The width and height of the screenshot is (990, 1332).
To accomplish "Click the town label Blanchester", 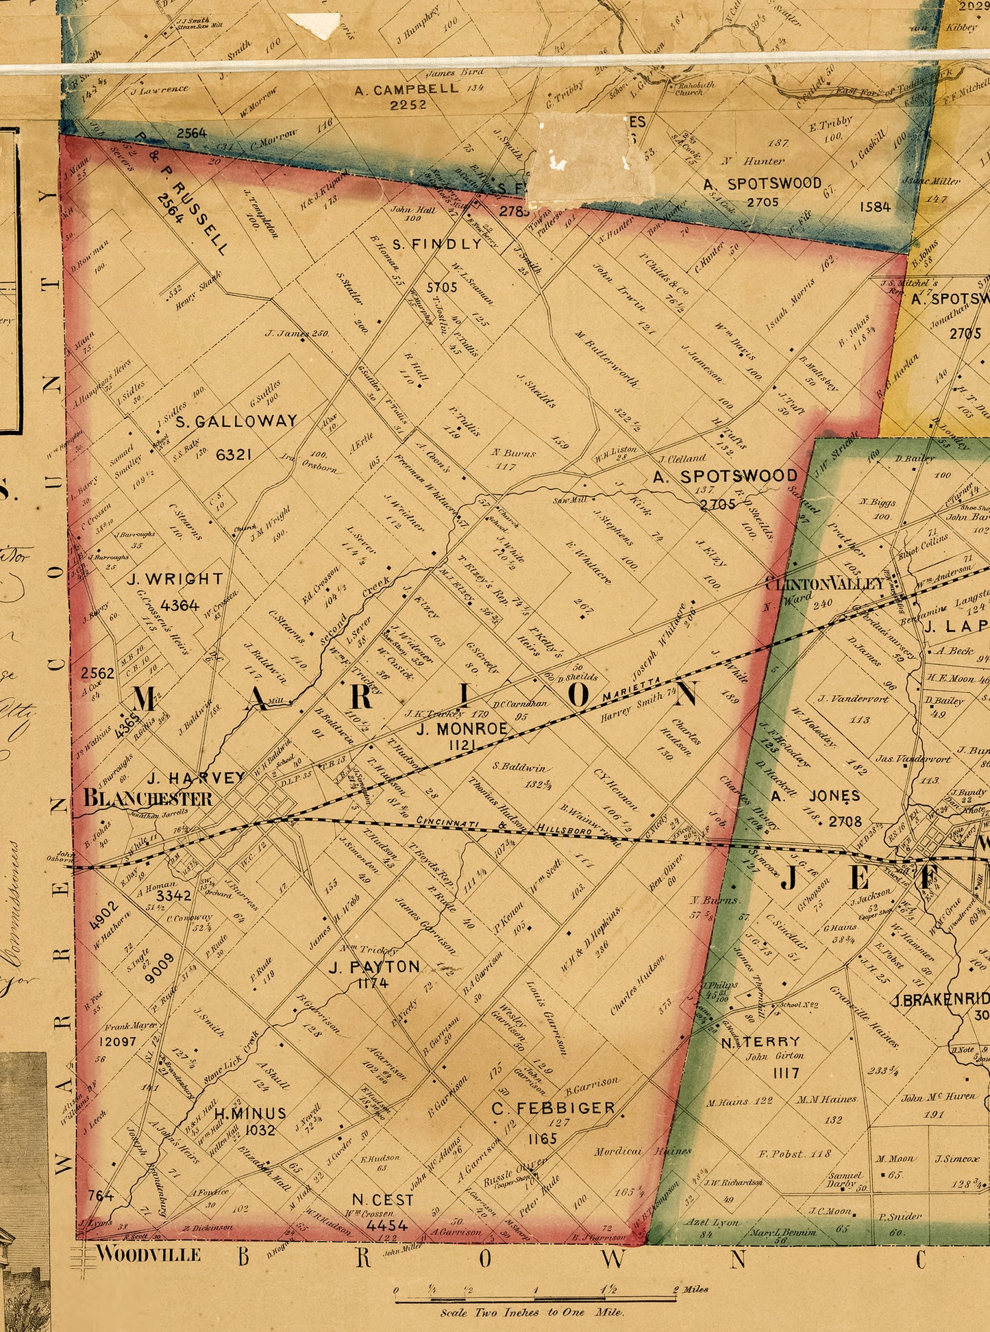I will click(147, 798).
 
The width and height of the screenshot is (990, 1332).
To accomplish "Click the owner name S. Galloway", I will click(236, 421).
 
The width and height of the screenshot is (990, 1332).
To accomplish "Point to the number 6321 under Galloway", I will click(234, 454).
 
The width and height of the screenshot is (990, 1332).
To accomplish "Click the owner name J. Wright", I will click(175, 579).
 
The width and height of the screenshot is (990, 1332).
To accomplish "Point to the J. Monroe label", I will click(462, 728).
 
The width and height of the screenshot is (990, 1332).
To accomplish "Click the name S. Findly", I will click(437, 244).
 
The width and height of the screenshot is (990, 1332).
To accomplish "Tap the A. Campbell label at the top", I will click(406, 89).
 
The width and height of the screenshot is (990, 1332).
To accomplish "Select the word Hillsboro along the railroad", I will click(565, 830).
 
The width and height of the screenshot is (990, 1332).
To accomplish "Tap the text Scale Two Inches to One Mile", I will click(532, 1312).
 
